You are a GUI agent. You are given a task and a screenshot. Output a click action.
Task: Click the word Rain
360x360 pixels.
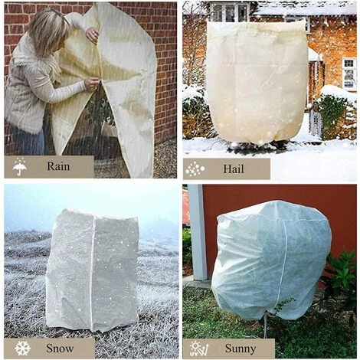(58, 166)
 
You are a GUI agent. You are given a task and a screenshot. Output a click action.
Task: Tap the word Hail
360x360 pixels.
(234, 169)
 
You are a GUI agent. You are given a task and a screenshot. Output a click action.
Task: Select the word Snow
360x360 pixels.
(60, 349)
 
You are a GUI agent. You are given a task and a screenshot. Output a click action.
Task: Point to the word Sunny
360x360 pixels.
(241, 349)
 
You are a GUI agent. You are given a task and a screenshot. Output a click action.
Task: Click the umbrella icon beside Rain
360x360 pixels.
(20, 166)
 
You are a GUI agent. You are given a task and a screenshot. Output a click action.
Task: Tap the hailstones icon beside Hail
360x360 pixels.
(195, 169)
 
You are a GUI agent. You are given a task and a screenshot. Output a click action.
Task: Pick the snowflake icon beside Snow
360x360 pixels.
(22, 349)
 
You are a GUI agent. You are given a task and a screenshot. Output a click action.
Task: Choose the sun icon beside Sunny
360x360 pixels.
(199, 349)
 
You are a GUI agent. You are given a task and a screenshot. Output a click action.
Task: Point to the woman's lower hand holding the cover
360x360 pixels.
(91, 84)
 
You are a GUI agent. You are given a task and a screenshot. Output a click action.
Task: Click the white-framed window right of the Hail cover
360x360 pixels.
(349, 74)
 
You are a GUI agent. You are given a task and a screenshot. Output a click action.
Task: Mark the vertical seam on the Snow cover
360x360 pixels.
(93, 270)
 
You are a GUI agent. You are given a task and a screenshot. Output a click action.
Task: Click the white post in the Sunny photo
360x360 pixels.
(198, 232)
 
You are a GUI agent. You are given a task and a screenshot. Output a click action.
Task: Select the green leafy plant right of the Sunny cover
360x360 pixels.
(341, 276)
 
